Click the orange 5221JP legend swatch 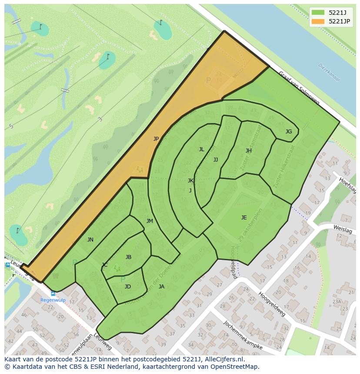(318, 21)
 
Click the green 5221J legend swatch (318, 13)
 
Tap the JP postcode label (156, 139)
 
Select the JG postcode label (289, 132)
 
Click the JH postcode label (249, 151)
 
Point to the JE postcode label (244, 218)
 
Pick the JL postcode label (201, 149)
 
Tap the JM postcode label (150, 221)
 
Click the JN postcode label (90, 240)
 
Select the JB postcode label (128, 257)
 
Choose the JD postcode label (128, 287)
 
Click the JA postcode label (161, 287)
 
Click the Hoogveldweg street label (271, 304)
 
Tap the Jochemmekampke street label (243, 336)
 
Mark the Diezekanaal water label (329, 72)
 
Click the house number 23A (337, 301)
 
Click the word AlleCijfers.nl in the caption (223, 360)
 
